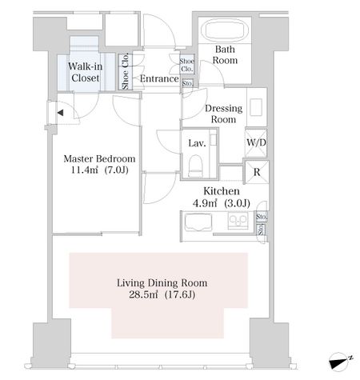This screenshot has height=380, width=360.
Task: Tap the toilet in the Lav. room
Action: [195, 166]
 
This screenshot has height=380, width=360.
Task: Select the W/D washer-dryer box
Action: [256, 143]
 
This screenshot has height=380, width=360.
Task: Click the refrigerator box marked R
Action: [257, 172]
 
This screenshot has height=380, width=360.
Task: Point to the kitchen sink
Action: [198, 222]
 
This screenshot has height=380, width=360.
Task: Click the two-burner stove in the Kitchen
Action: [238, 220]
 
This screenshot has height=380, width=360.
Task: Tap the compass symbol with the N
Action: [340, 362]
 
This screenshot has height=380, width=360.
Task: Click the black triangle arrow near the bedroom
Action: [61, 113]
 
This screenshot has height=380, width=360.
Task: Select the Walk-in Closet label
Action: [86, 72]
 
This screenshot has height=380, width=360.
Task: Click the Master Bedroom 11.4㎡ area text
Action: [99, 164]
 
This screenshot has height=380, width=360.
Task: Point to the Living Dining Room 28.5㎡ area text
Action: [162, 289]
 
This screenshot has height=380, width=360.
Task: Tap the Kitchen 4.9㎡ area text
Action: [222, 198]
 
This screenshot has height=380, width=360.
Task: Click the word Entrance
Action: [159, 78]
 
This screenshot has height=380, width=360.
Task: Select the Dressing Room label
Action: [224, 114]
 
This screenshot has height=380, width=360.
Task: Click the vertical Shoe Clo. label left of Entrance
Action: [125, 71]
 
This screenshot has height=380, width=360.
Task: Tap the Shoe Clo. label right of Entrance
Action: [186, 65]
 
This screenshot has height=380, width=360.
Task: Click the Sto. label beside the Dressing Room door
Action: [187, 83]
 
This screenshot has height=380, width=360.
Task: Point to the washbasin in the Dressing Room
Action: [256, 107]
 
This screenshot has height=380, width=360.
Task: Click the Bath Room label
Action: [225, 54]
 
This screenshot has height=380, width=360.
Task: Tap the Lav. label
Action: [197, 143]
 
